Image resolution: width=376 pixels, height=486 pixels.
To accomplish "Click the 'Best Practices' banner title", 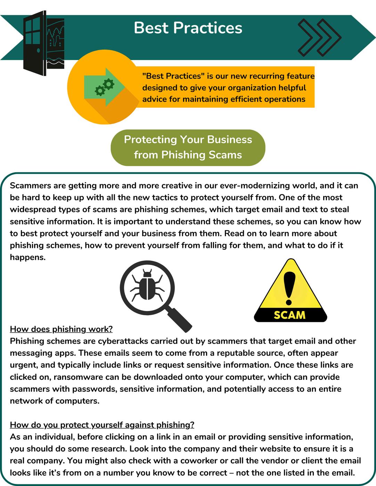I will [188, 28].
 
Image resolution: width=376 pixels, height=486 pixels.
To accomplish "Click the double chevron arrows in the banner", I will [319, 37].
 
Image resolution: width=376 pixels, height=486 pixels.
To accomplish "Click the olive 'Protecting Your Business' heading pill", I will [188, 147].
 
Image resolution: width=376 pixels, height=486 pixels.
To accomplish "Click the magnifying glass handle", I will [180, 320].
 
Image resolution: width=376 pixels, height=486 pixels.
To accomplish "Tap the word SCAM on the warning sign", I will [289, 315].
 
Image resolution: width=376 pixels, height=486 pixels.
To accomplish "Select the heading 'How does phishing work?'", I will [61, 329].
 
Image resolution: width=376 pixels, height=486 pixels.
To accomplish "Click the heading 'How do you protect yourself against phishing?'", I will [102, 425].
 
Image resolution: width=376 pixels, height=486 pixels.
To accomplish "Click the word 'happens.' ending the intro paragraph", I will [28, 257].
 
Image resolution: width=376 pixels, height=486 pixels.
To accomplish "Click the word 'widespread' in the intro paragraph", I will [31, 209].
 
